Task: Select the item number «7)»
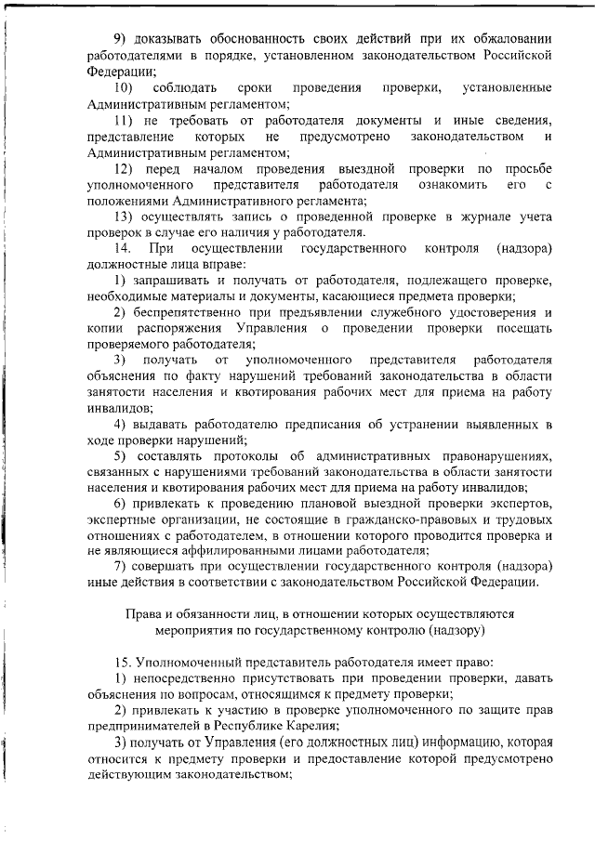click(118, 567)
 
